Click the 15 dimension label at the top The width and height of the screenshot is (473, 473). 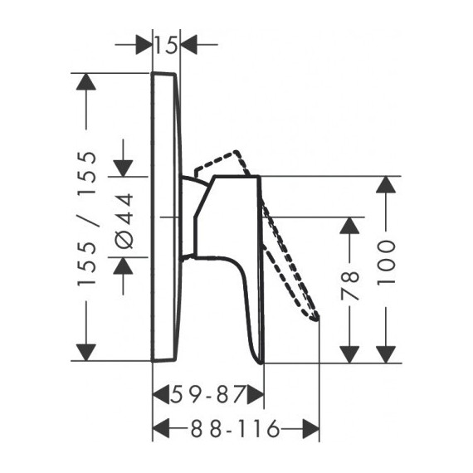click(x=166, y=46)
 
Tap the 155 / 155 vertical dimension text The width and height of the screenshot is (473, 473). click(x=87, y=219)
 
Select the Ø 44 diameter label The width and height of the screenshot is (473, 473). click(x=124, y=221)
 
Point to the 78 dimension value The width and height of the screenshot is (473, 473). click(x=349, y=285)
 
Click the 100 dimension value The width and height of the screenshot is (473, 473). click(x=386, y=262)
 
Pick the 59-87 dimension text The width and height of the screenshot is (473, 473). click(x=207, y=394)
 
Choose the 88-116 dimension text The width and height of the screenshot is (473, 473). click(x=235, y=429)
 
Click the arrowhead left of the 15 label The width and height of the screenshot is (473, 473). click(x=144, y=45)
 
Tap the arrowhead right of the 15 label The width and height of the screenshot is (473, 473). click(x=189, y=45)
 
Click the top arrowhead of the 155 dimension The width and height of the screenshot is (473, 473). click(x=86, y=82)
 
